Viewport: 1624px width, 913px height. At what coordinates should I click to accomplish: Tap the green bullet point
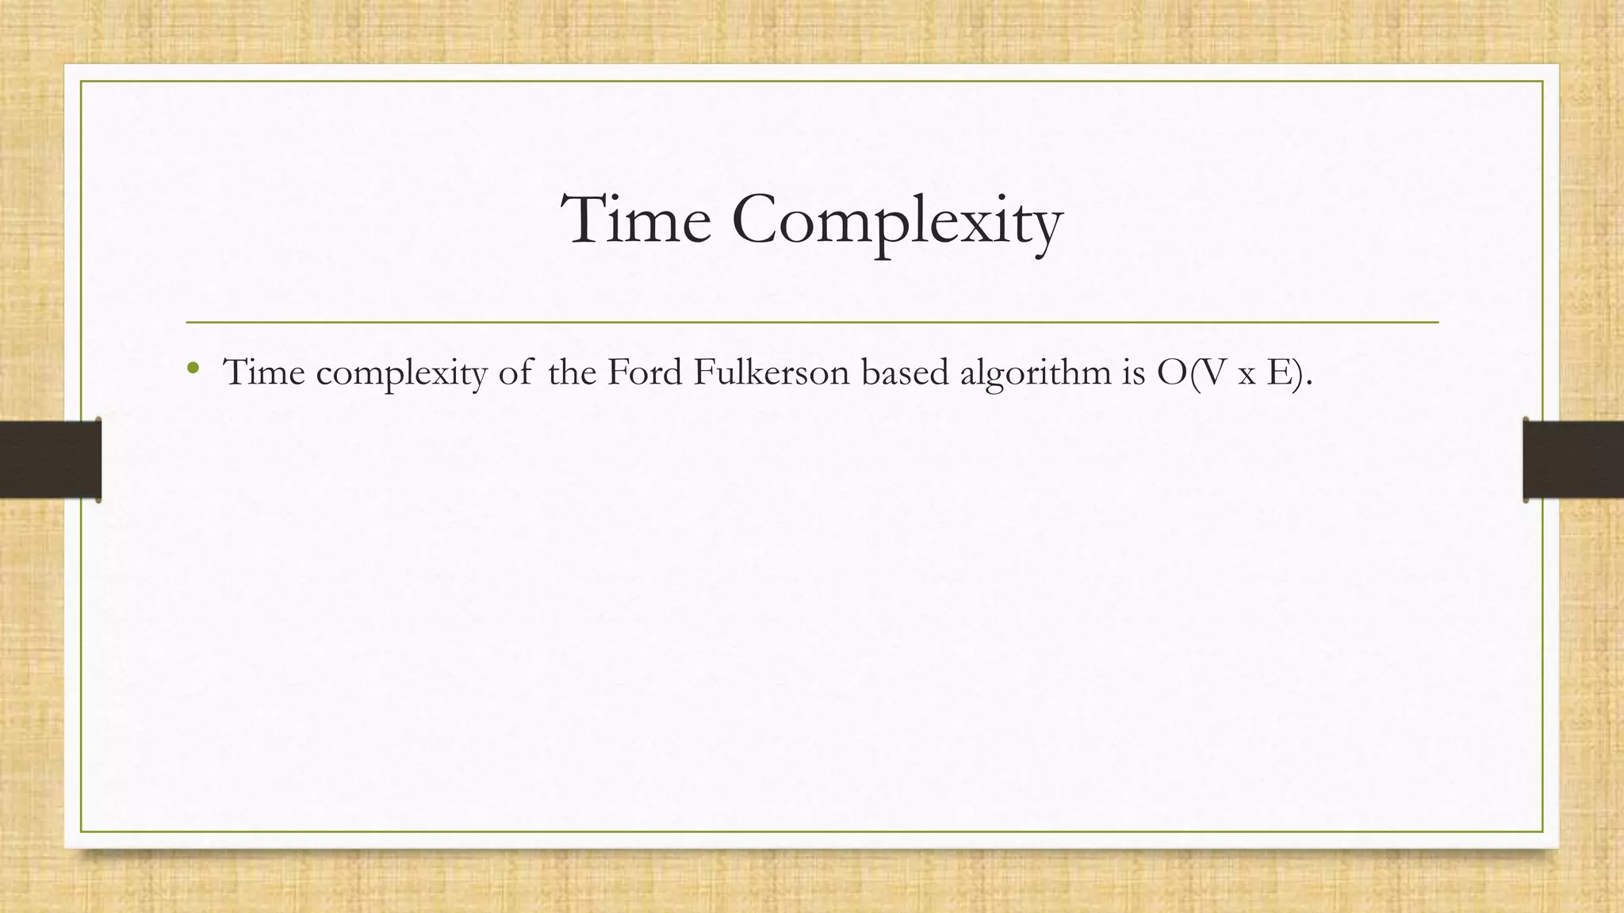point(193,368)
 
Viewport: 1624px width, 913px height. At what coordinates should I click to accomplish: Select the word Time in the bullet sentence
point(264,372)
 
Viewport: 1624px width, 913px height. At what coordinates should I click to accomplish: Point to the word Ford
point(645,372)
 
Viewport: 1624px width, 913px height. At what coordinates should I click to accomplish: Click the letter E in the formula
point(1278,373)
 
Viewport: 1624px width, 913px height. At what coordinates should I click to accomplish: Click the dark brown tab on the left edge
point(50,460)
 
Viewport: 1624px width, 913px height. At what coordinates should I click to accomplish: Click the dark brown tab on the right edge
point(1573,460)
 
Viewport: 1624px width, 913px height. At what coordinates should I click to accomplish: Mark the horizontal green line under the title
point(812,323)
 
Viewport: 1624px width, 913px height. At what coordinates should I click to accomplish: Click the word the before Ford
point(572,372)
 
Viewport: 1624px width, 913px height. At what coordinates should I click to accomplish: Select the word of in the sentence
point(515,372)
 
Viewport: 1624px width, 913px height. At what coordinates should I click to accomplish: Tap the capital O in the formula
point(1171,373)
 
